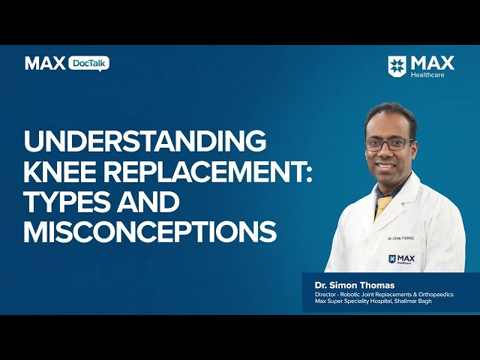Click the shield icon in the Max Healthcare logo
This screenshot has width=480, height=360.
[x=397, y=65]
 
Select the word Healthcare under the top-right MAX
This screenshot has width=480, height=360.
[x=427, y=75]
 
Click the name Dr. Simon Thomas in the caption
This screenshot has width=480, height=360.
[x=355, y=285]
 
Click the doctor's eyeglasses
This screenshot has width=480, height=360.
[x=390, y=145]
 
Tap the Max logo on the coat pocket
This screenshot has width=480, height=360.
[x=402, y=259]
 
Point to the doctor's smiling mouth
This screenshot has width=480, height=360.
[x=385, y=166]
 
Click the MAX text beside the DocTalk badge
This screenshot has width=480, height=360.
[x=45, y=63]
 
